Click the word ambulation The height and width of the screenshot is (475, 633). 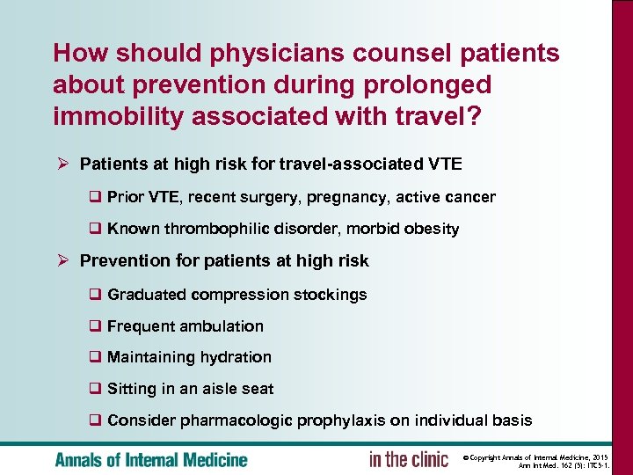coord(219,326)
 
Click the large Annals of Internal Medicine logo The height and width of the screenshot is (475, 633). coord(151,459)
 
